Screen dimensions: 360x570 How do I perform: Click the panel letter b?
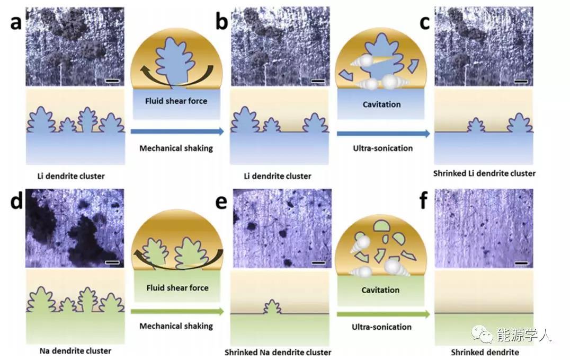221,22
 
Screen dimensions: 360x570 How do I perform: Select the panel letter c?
424,22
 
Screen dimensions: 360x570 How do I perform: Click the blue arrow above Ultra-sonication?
383,133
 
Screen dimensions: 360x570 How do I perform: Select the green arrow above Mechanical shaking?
177,312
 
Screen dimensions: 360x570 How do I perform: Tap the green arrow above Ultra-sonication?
383,313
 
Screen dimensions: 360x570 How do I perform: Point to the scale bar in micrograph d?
112,262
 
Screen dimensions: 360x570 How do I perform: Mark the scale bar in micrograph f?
521,262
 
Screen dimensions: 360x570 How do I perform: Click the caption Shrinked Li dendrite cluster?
484,173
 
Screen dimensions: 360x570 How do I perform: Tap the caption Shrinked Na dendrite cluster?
278,353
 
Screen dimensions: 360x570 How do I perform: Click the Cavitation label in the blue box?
381,104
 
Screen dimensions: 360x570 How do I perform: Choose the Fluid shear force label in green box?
176,288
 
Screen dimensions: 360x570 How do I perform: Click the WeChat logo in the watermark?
481,335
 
